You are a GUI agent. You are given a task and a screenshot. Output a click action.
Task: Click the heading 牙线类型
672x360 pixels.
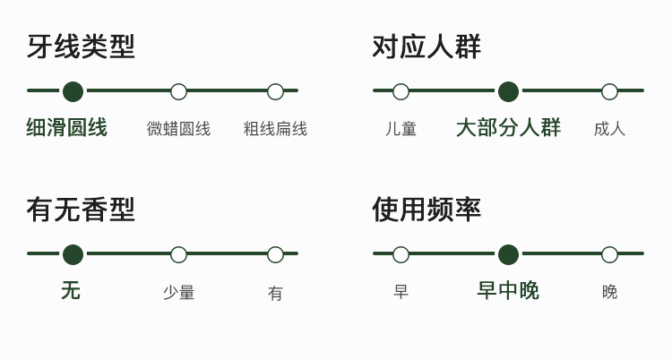(81, 47)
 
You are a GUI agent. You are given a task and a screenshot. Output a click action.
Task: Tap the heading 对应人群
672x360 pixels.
(426, 47)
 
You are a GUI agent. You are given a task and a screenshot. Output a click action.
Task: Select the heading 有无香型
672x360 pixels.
(81, 210)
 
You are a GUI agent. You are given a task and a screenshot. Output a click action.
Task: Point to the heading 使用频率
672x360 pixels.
(426, 210)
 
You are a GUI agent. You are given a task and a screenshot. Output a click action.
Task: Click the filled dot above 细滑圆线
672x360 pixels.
(73, 91)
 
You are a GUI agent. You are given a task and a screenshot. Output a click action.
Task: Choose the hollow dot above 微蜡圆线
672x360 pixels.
(178, 91)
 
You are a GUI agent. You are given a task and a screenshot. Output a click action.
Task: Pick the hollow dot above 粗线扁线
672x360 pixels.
(275, 91)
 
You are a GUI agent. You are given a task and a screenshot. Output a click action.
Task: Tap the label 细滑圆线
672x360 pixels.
(66, 128)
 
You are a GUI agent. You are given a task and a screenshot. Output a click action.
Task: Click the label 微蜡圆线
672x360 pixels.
(178, 129)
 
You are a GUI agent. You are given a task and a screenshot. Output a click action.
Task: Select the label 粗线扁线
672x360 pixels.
(275, 129)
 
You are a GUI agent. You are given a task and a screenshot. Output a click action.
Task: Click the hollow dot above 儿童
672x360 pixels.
(401, 91)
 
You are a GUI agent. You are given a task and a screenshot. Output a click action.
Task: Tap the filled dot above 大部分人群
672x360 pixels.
(508, 91)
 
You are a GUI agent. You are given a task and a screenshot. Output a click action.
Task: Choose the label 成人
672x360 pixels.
(609, 129)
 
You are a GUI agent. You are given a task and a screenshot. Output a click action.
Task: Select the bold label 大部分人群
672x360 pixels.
(508, 128)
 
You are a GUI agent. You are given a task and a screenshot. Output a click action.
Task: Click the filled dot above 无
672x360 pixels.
(73, 254)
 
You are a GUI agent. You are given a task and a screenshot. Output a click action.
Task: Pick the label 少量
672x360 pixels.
(178, 293)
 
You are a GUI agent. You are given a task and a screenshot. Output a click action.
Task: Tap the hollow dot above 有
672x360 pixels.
(275, 254)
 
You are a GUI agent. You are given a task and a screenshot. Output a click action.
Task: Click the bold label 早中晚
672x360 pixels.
(508, 291)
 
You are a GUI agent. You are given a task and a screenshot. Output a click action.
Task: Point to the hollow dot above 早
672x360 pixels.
(401, 254)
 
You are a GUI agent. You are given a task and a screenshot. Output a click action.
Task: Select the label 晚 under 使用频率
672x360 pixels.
(609, 292)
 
